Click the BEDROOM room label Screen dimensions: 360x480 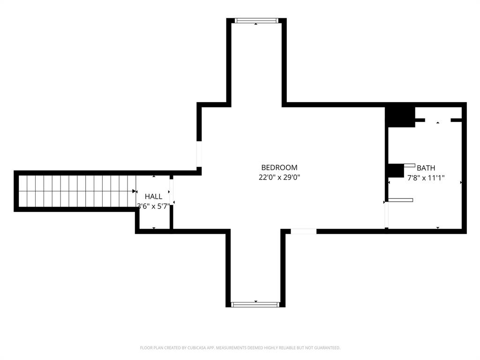pos(279,167)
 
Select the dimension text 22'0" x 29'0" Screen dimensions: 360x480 pos(279,178)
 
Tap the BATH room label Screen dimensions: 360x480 pos(426,168)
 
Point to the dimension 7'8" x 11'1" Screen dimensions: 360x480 pos(426,178)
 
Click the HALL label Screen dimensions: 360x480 pos(153,196)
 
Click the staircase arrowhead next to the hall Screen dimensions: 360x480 pos(135,191)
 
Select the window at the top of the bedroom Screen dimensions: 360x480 pos(256,21)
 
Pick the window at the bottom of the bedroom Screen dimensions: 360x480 pos(255,304)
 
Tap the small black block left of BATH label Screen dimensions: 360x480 pos(396,170)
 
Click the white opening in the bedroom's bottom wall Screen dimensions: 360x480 pos(304,231)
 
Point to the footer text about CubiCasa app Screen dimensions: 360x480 pos(240,348)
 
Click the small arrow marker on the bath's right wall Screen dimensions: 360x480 pos(461,182)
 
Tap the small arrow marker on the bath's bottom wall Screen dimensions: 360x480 pos(438,228)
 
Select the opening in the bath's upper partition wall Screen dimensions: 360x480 pos(438,120)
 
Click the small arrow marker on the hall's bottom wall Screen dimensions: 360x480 pos(154,228)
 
